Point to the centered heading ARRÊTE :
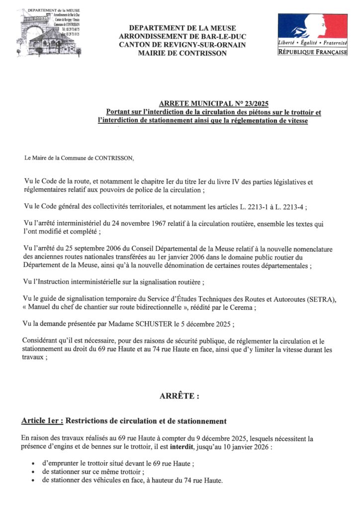(180, 396)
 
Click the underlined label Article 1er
(42, 421)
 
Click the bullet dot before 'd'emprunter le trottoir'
(33, 464)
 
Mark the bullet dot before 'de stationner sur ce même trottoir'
(33, 472)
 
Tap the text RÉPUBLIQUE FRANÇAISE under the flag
(312, 52)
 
